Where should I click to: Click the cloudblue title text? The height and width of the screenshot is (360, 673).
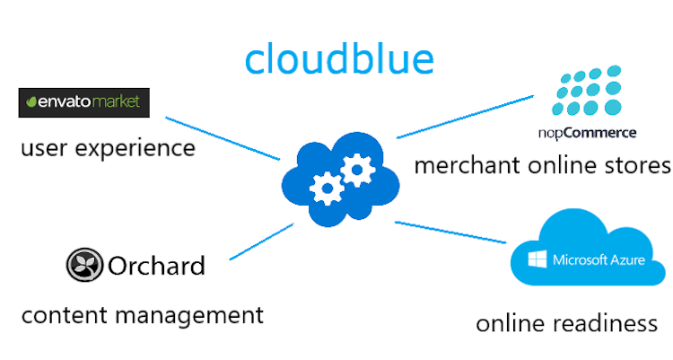click(x=339, y=58)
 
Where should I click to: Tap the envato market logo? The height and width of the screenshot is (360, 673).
click(x=84, y=102)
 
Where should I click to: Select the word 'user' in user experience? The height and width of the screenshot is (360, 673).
click(x=41, y=146)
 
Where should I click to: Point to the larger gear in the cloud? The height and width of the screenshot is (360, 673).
click(x=356, y=168)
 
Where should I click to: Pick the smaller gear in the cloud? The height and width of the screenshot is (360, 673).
click(x=324, y=187)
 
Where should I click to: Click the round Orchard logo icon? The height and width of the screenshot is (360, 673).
click(x=83, y=266)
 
